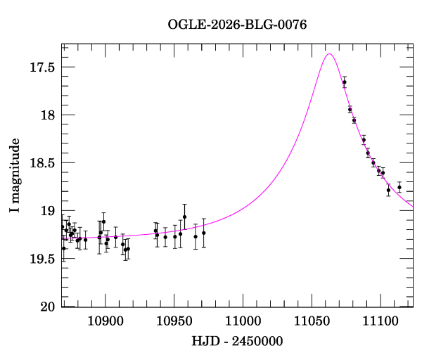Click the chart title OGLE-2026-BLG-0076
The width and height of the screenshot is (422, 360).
click(x=237, y=25)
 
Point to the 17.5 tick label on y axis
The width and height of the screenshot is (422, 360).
click(x=43, y=67)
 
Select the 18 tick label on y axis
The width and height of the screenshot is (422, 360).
click(x=48, y=115)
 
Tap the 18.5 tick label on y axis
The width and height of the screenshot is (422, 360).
click(x=43, y=163)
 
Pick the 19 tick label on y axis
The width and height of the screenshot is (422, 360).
click(x=48, y=211)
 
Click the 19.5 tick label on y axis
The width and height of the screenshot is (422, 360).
click(x=43, y=259)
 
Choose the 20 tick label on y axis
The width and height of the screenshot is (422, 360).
click(x=48, y=307)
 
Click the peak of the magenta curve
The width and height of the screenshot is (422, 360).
click(x=328, y=53)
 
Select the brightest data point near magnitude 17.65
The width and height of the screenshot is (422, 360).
click(x=345, y=82)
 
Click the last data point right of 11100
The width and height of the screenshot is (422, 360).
click(x=399, y=187)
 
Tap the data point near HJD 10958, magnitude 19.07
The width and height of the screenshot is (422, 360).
click(x=184, y=217)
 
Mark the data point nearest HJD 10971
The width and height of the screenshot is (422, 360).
click(x=203, y=233)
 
